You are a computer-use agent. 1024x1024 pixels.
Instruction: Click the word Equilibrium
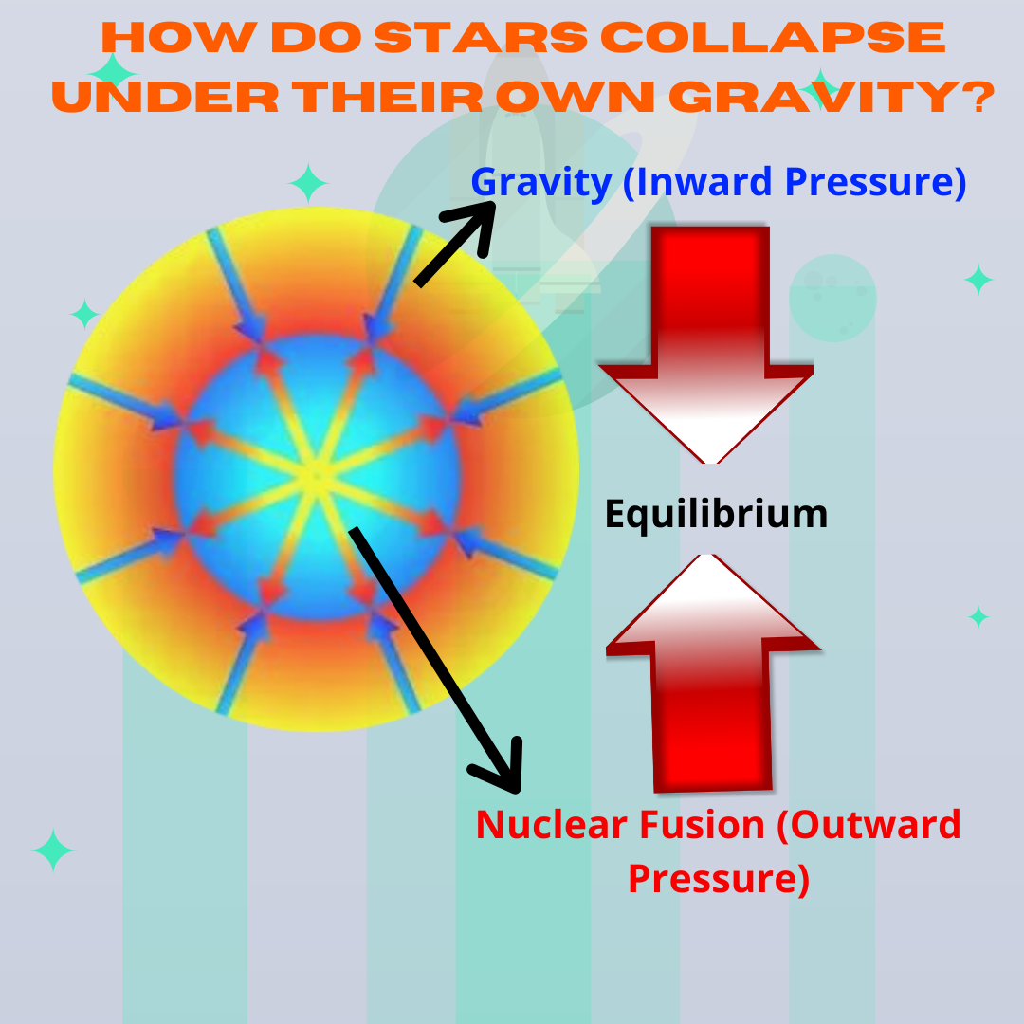[716, 514]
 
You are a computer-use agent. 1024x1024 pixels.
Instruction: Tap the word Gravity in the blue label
[540, 182]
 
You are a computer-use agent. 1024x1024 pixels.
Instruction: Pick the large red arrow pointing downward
[707, 341]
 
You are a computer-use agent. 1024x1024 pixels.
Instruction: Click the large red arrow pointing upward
[712, 673]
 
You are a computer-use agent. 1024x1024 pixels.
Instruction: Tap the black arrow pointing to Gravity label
[455, 242]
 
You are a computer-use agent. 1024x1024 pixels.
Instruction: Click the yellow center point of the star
[316, 474]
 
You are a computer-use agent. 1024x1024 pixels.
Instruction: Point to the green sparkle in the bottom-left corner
[53, 850]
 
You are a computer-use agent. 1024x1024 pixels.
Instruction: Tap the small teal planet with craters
[832, 296]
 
